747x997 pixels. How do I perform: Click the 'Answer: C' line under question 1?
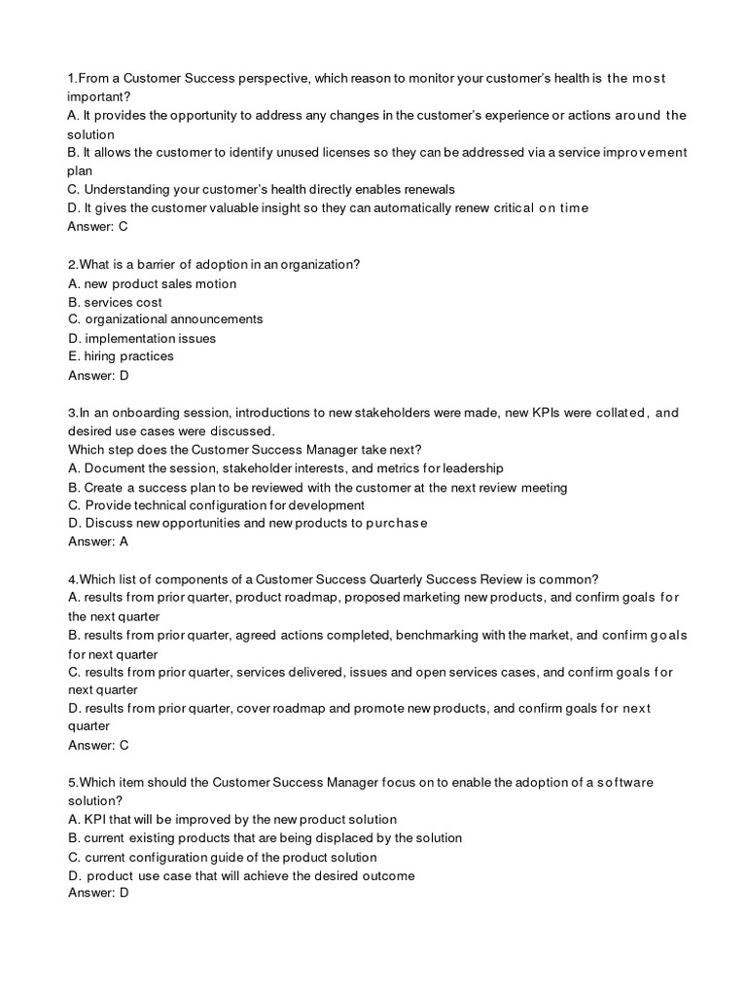click(x=98, y=227)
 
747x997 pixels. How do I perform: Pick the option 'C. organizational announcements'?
click(x=165, y=319)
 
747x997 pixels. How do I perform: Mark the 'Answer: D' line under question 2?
click(x=98, y=375)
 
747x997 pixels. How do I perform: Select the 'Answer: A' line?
click(x=98, y=541)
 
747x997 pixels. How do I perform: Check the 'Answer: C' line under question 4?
click(x=98, y=745)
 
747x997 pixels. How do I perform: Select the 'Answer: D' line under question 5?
click(x=98, y=893)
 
